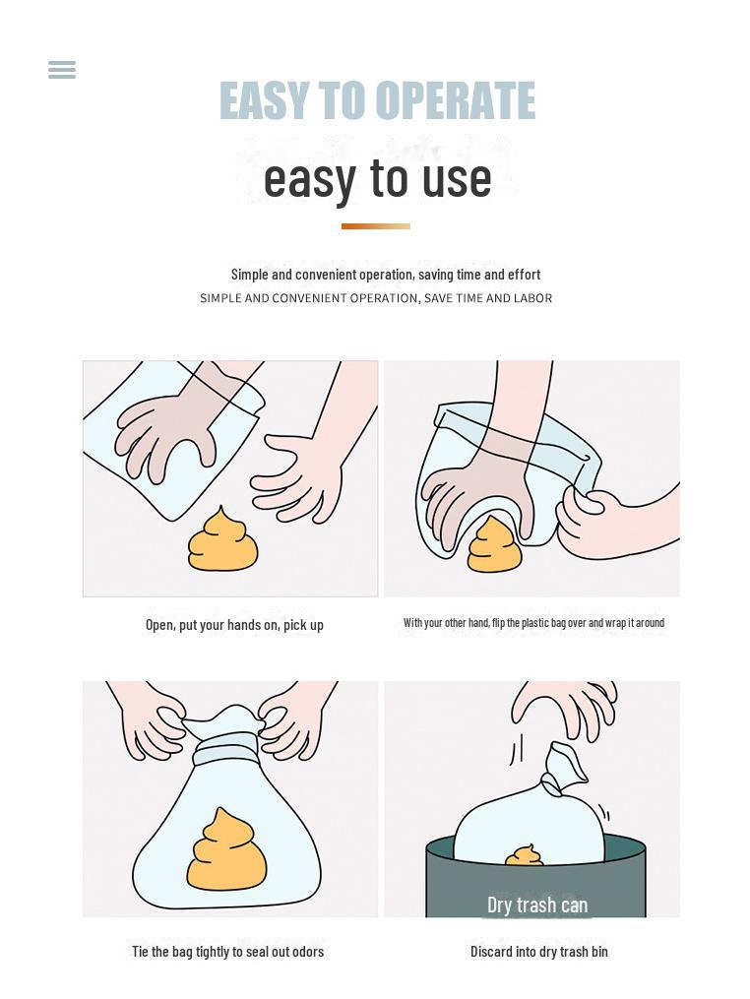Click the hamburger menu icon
click(x=62, y=70)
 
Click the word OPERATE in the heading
click(x=455, y=100)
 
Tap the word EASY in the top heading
click(x=264, y=100)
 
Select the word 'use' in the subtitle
click(x=457, y=179)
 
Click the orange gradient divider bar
click(x=376, y=226)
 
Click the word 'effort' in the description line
click(x=524, y=275)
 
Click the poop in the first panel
click(x=223, y=539)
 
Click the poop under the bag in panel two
click(x=494, y=545)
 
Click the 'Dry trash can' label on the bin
click(x=537, y=905)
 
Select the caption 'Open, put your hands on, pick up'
click(x=234, y=625)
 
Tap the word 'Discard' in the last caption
click(x=491, y=952)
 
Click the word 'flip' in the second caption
click(x=497, y=623)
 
